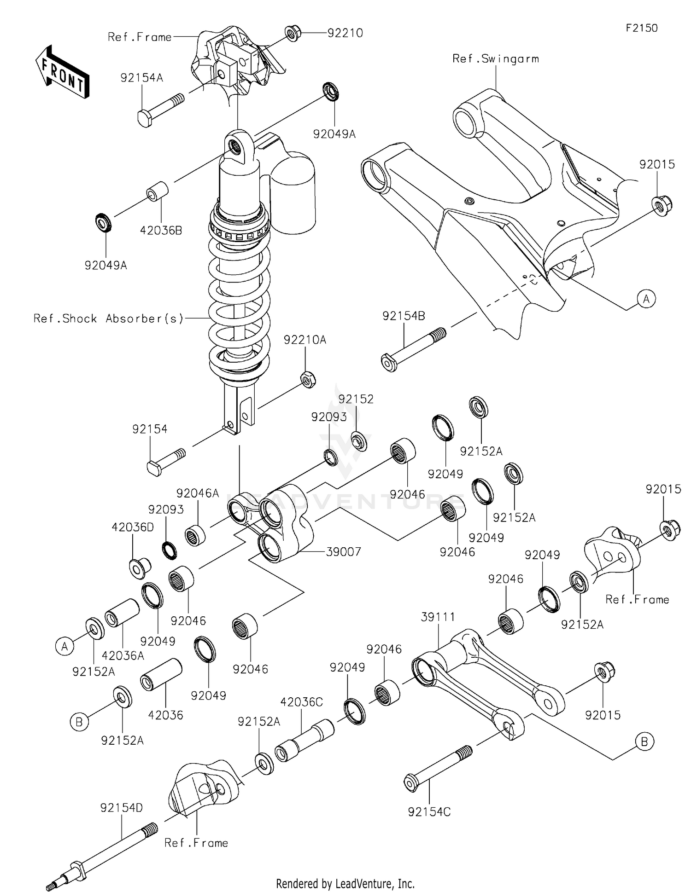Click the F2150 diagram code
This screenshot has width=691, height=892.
click(641, 28)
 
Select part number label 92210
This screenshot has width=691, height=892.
click(345, 33)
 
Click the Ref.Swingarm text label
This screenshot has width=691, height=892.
click(495, 59)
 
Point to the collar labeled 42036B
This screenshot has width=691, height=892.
click(157, 191)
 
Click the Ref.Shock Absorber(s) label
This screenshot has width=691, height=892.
click(109, 319)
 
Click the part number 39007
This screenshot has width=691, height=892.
click(343, 551)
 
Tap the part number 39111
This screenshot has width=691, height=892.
click(438, 617)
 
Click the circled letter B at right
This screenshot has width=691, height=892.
click(644, 742)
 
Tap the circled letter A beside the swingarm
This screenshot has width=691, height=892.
click(646, 299)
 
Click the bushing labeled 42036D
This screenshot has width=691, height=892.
click(138, 568)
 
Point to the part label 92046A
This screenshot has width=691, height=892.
click(198, 493)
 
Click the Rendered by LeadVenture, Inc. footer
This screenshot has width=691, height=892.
click(345, 883)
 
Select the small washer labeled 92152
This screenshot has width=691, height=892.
click(359, 441)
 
